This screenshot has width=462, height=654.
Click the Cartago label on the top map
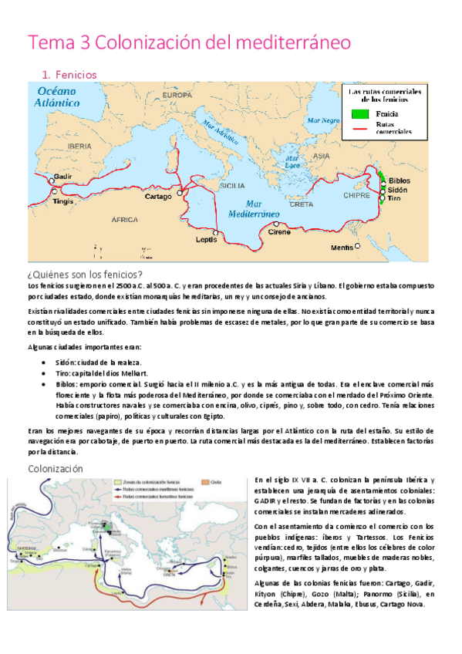pos(158,197)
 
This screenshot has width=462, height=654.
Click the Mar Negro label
pos(323,120)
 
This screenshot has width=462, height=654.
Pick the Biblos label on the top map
pos(400,180)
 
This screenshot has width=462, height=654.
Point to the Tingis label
pos(64,201)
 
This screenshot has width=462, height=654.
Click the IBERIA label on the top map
pos(79,145)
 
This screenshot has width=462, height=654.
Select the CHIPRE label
pos(358,195)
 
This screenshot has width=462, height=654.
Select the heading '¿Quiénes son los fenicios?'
pos(86,275)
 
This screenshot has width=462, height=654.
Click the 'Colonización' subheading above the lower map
pos(55,468)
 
